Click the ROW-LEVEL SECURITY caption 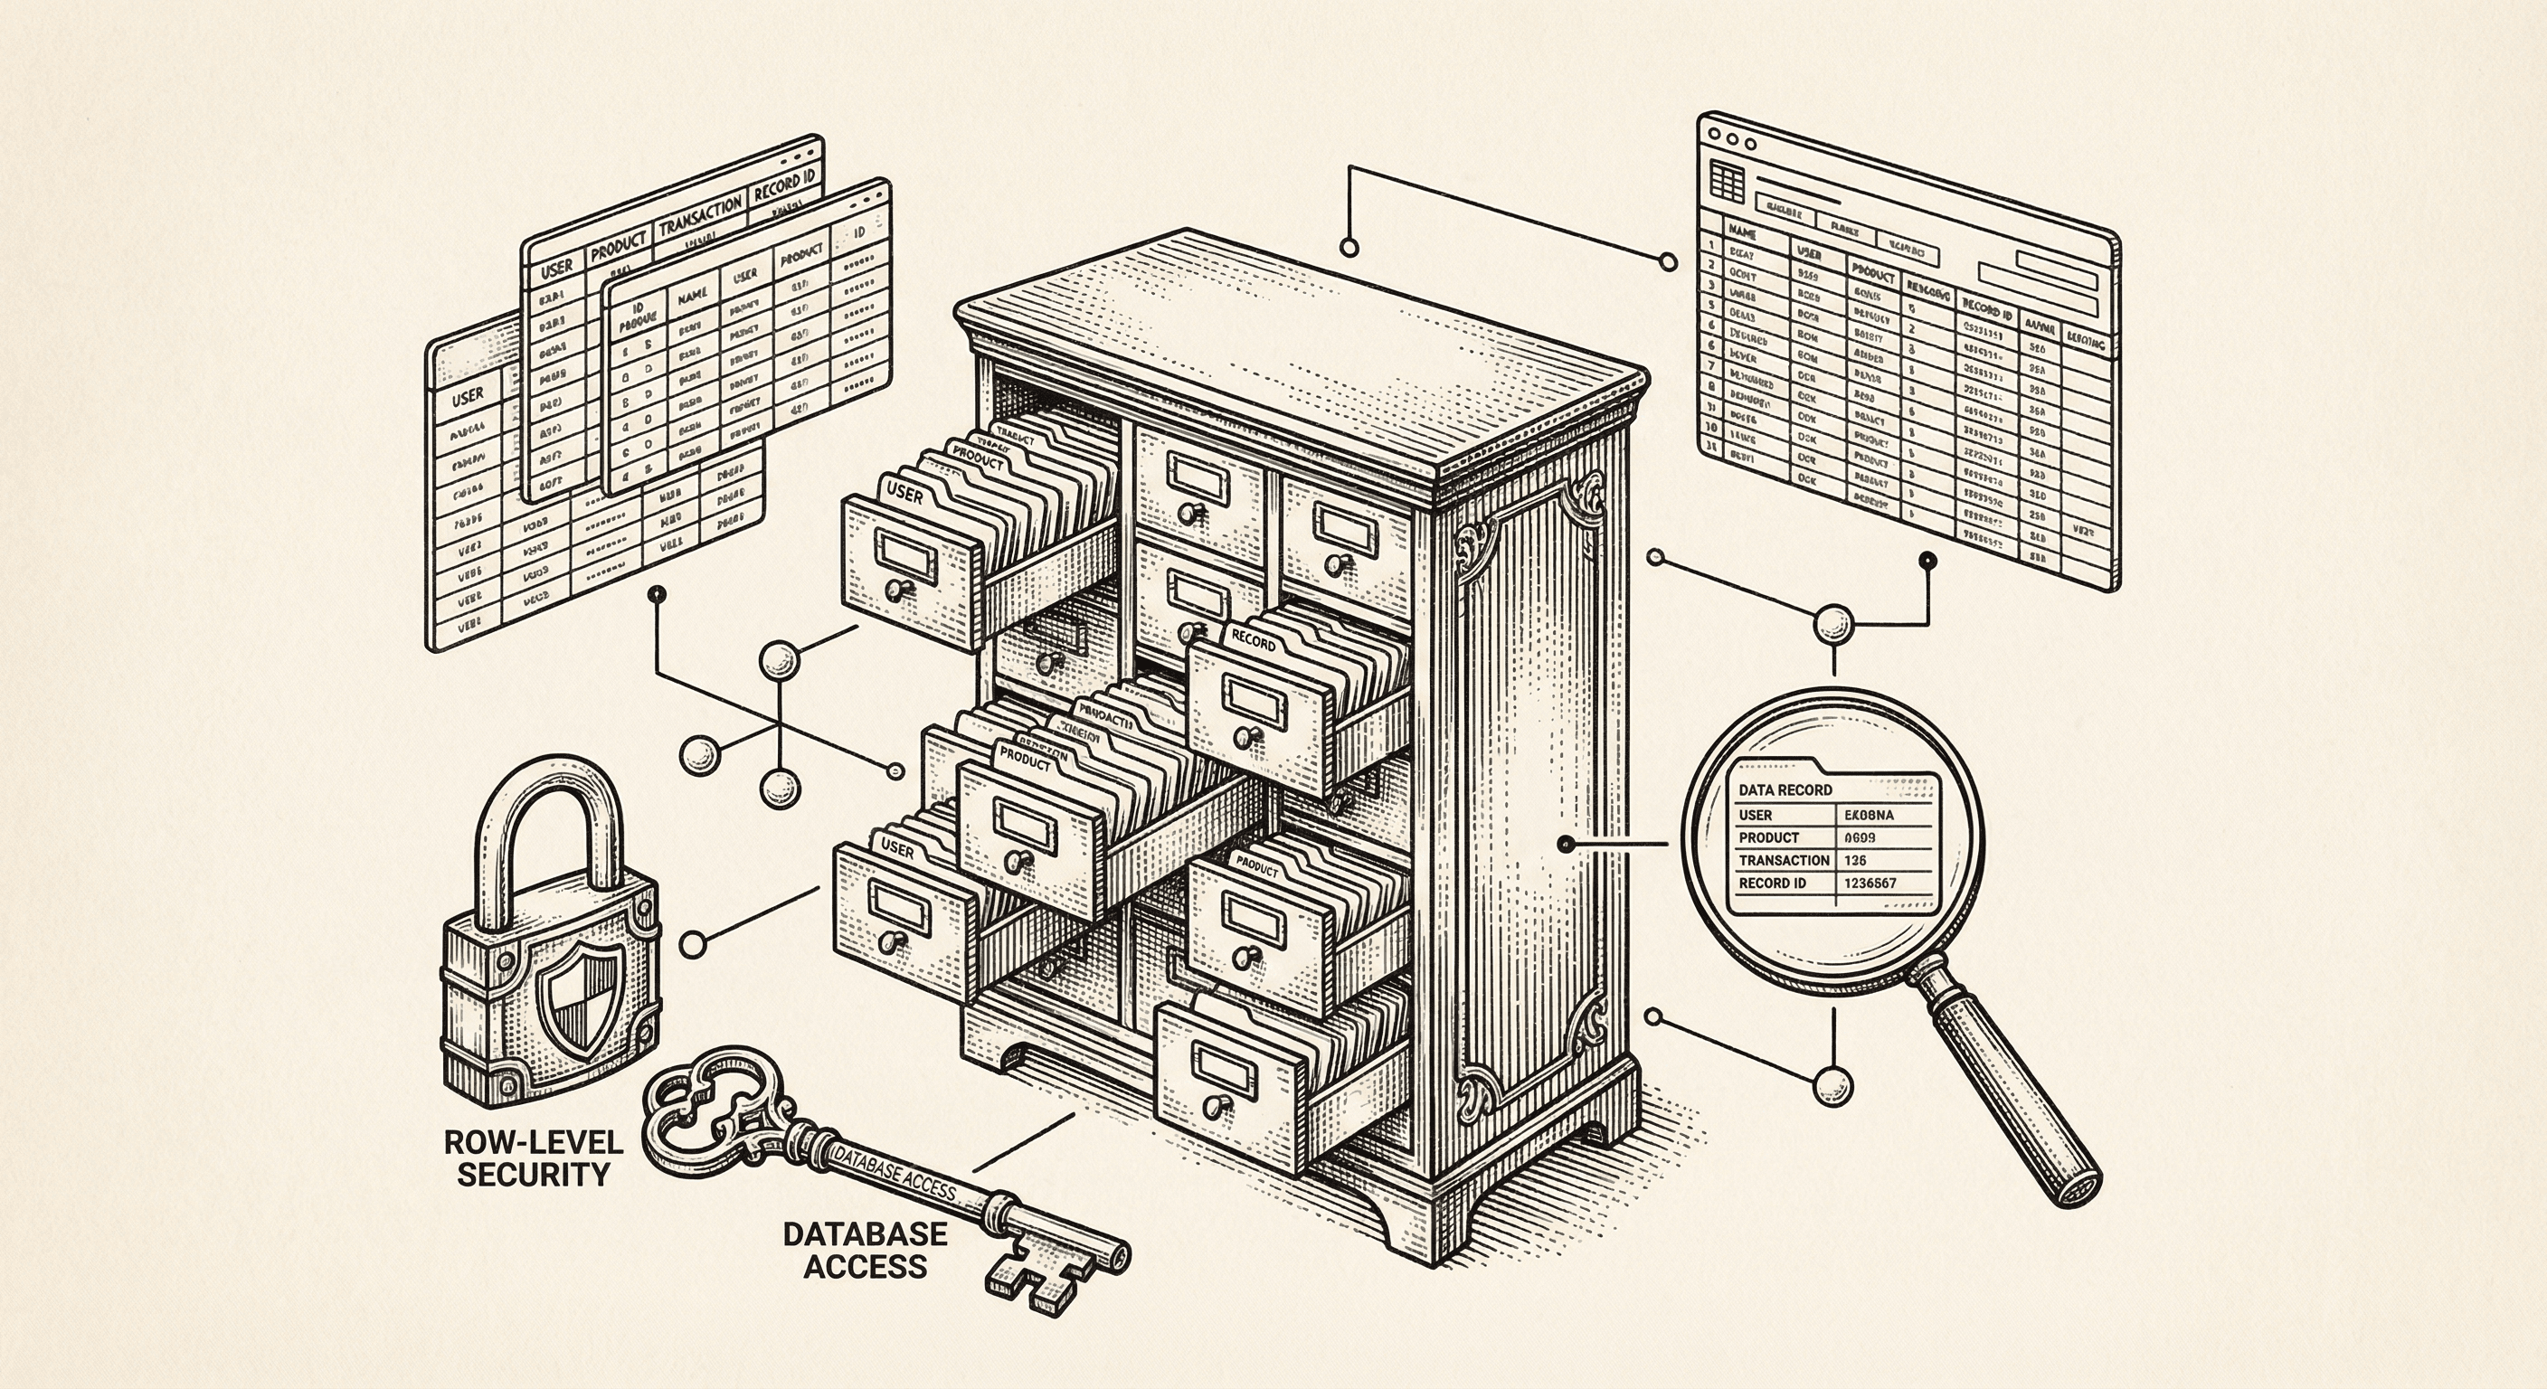[x=533, y=1157]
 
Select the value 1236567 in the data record [x=1870, y=883]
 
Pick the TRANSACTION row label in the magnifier [x=1783, y=860]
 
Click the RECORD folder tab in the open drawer [x=1253, y=643]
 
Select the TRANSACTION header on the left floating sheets [x=700, y=213]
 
